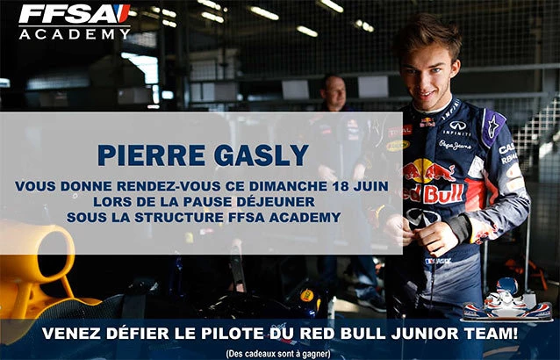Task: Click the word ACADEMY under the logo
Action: click(x=75, y=33)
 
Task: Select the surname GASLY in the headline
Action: click(x=262, y=156)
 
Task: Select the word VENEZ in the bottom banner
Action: click(x=74, y=333)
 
